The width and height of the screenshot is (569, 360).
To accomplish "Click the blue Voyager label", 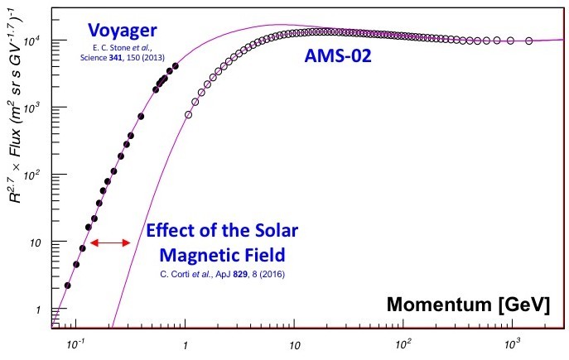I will click(x=124, y=31).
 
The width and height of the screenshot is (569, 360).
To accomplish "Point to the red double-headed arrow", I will click(x=111, y=242).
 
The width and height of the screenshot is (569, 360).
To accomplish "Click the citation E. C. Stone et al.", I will click(x=124, y=48).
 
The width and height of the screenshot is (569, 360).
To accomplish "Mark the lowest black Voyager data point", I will click(x=67, y=286).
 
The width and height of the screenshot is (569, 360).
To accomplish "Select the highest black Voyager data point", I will click(x=175, y=66).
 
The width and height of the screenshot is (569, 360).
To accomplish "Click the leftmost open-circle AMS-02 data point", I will click(x=188, y=115).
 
